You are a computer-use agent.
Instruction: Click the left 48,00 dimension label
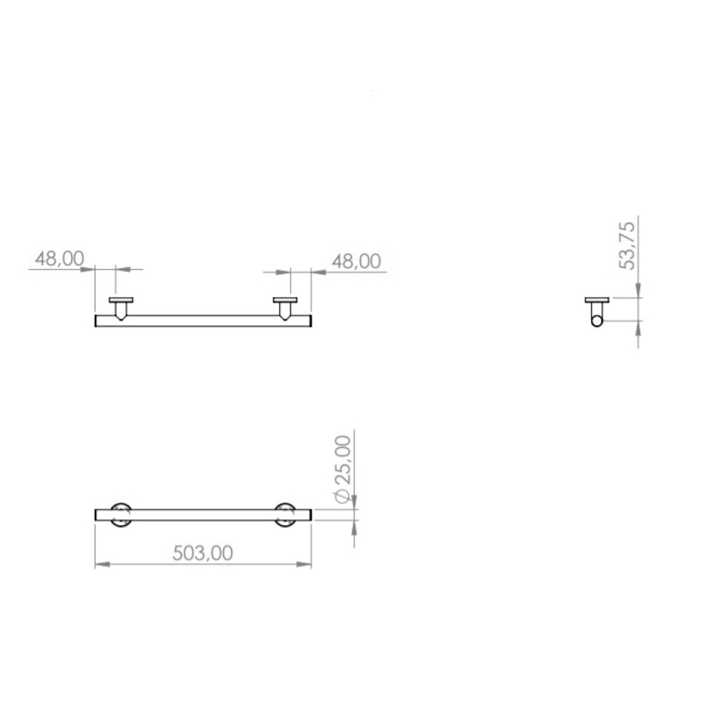pos(60,259)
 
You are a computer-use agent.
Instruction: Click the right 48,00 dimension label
pos(357,261)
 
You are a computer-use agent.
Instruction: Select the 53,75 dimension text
pos(627,245)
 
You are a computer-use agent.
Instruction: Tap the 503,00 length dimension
pos(203,553)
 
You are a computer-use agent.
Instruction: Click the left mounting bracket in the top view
pos(121,308)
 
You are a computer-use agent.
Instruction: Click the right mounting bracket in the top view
pos(285,308)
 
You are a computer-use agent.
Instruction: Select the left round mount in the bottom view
pos(121,515)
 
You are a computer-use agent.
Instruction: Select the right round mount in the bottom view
pos(285,515)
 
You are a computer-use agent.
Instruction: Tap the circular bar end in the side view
pos(597,321)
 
